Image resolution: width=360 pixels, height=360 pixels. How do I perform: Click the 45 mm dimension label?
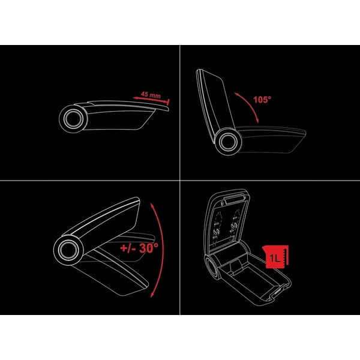(x=151, y=94)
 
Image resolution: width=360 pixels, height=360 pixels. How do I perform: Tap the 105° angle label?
(x=262, y=100)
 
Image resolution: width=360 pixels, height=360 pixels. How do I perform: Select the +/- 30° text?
(x=139, y=248)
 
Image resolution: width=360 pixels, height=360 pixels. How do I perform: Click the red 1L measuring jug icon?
(x=275, y=257)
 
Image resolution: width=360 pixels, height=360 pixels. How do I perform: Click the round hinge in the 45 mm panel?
(x=73, y=119)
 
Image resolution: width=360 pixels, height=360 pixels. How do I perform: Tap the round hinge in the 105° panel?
(x=228, y=142)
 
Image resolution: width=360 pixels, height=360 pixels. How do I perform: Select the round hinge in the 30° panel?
(x=68, y=250)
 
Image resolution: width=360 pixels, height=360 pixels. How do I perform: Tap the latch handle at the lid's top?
(x=234, y=200)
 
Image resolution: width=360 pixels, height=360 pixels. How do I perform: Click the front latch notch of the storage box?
(x=278, y=291)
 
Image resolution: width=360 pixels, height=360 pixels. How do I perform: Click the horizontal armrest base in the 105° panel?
(x=272, y=139)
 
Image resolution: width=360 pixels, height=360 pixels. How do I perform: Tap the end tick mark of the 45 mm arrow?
(x=169, y=102)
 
